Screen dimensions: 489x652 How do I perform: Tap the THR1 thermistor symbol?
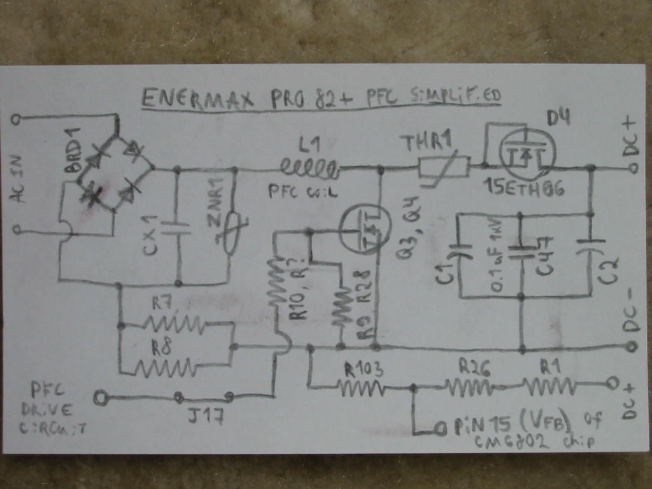click(443, 168)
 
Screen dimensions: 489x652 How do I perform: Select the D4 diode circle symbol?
click(527, 155)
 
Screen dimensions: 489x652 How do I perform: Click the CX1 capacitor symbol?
click(176, 229)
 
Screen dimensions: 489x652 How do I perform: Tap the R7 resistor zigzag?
click(173, 325)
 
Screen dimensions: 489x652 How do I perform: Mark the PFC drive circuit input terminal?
click(99, 399)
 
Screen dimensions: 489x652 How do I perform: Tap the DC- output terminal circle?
click(632, 346)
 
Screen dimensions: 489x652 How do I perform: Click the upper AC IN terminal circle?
click(17, 119)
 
